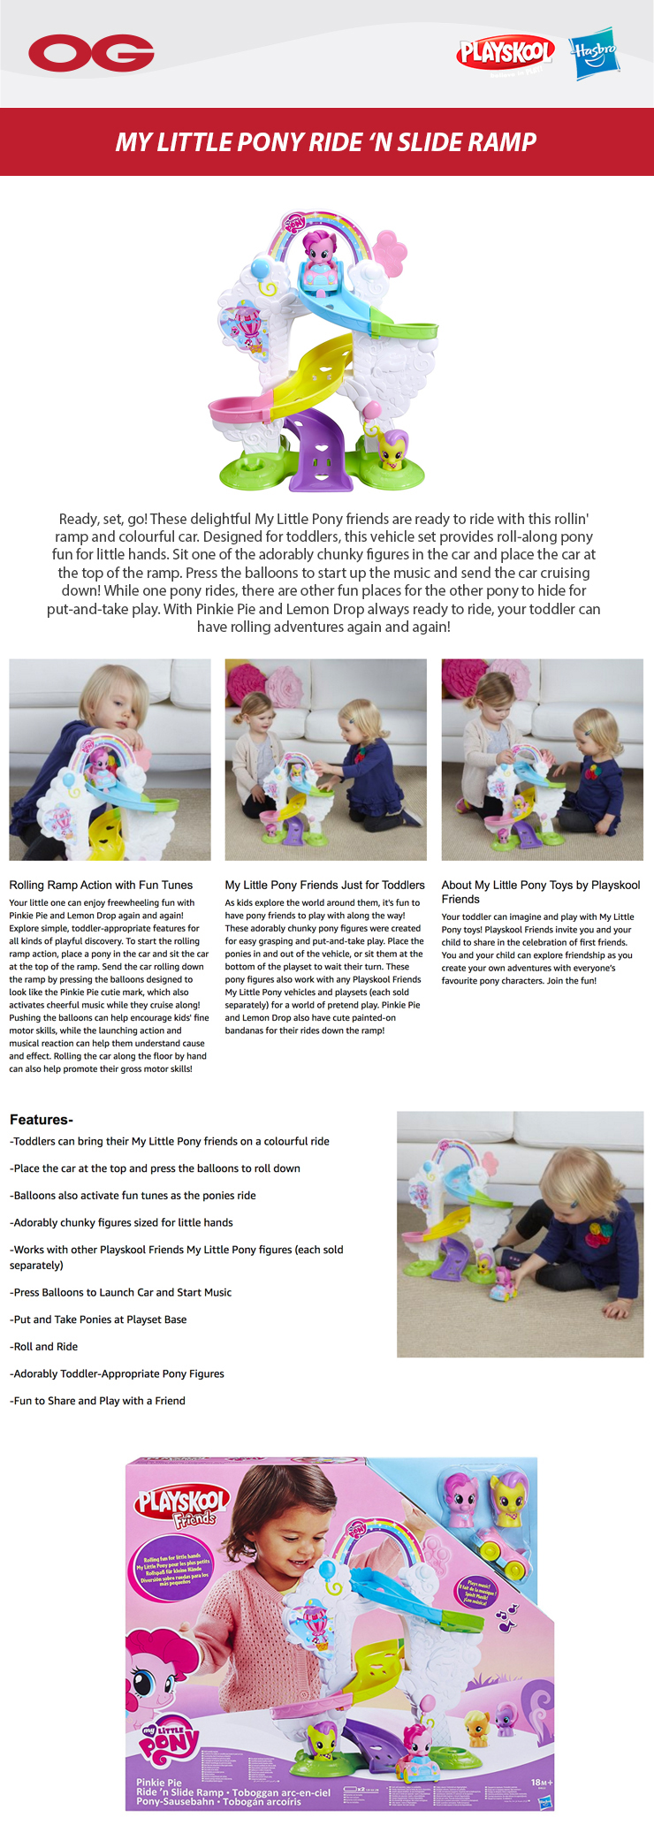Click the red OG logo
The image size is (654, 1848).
[x=91, y=53]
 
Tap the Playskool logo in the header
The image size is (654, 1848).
[x=506, y=53]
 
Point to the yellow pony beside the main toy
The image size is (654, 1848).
[x=392, y=450]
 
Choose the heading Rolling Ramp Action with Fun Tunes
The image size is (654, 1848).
[x=101, y=885]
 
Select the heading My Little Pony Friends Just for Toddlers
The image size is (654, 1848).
[x=324, y=885]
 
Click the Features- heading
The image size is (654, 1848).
[x=42, y=1120]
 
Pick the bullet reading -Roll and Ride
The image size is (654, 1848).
[x=44, y=1346]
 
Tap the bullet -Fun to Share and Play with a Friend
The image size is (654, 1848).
[x=97, y=1401]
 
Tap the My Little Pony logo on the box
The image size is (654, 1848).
[x=171, y=1740]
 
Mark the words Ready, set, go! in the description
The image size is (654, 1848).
[x=103, y=519]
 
